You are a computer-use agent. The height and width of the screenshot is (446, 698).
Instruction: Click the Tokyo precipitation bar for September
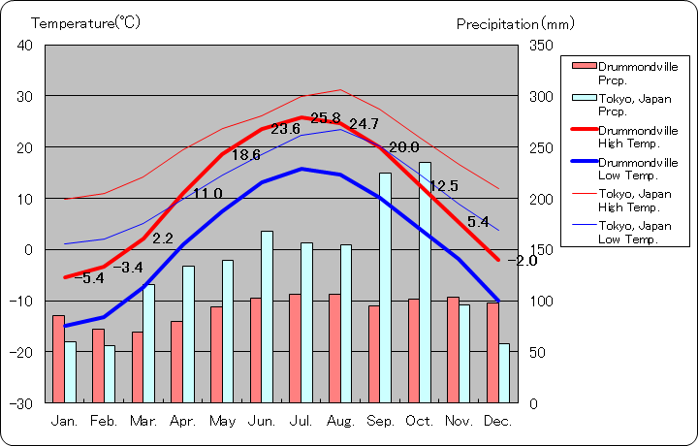pos(385,287)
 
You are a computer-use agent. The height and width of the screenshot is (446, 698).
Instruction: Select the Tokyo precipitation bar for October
pos(425,281)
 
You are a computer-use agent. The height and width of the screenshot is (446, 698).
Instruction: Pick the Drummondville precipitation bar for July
pos(295,347)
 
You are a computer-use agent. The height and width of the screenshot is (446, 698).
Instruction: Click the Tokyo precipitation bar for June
pos(267,316)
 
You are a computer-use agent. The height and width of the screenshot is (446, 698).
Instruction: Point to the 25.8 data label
pos(327,117)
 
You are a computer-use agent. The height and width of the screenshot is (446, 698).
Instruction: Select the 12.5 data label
pos(443,186)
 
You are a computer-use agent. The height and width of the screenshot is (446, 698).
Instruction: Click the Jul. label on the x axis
pos(301,421)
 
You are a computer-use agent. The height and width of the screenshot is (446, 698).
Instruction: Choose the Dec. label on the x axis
pos(497,421)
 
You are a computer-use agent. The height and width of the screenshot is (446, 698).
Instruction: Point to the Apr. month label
pos(182,421)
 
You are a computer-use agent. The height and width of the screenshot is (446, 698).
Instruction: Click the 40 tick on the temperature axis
pos(24,45)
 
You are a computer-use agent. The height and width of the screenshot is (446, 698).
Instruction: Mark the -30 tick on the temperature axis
pos(20,402)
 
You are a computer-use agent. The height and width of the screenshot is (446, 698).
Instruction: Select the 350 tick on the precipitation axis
pos(542,45)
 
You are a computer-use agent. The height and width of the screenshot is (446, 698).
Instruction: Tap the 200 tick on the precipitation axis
pos(542,199)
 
